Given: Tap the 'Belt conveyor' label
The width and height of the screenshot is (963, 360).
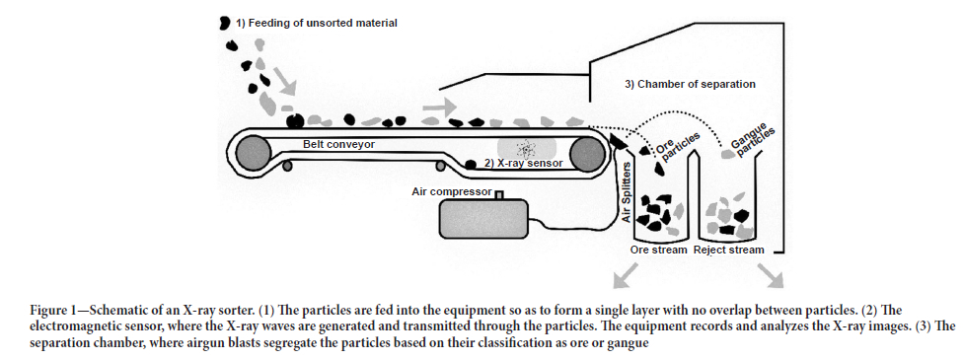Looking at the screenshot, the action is pyautogui.click(x=338, y=145).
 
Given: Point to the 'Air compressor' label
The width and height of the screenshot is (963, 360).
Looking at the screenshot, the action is pyautogui.click(x=452, y=192).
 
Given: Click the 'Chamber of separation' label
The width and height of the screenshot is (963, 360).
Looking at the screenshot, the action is pyautogui.click(x=690, y=84).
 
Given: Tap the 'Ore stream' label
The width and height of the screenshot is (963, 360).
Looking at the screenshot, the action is pyautogui.click(x=658, y=251).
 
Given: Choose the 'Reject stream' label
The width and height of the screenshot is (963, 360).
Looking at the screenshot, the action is pyautogui.click(x=728, y=251).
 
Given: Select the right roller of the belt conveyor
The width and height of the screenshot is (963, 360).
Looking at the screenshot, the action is pyautogui.click(x=587, y=151).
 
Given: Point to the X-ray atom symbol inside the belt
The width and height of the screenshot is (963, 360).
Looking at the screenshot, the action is pyautogui.click(x=525, y=148).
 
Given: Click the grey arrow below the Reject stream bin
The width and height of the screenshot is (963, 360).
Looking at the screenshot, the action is pyautogui.click(x=771, y=275).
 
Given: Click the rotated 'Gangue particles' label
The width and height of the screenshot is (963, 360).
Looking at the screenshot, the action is pyautogui.click(x=752, y=139).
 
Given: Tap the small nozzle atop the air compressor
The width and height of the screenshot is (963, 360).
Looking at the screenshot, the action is pyautogui.click(x=499, y=195).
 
